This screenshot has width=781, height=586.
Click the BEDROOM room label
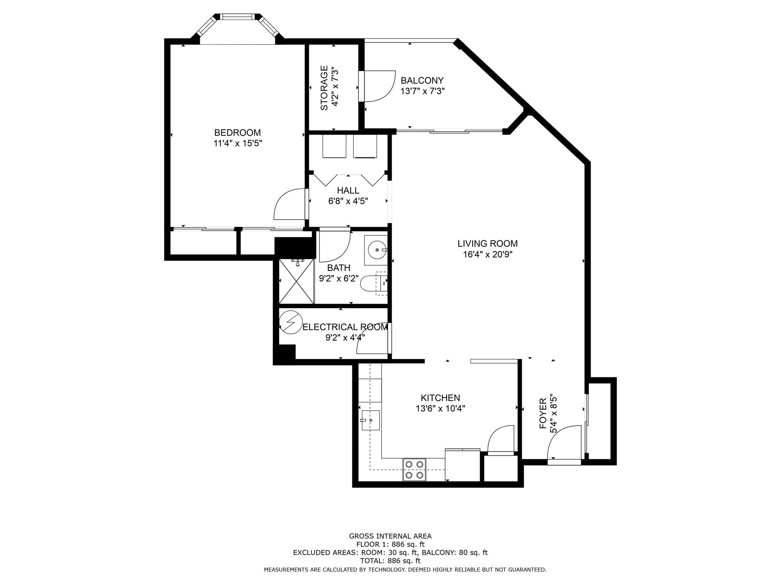click(x=237, y=133)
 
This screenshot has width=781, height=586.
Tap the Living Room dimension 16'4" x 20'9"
click(x=487, y=254)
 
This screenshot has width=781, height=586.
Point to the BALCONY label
click(x=422, y=80)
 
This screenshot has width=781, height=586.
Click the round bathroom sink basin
click(x=377, y=250)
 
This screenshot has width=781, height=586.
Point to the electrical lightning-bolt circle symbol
click(x=291, y=322)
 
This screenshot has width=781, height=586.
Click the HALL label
click(x=348, y=190)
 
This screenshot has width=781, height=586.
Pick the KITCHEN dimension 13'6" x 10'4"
click(x=440, y=409)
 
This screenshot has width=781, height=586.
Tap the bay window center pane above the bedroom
click(x=237, y=17)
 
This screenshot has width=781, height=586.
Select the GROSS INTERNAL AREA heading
click(x=390, y=536)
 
